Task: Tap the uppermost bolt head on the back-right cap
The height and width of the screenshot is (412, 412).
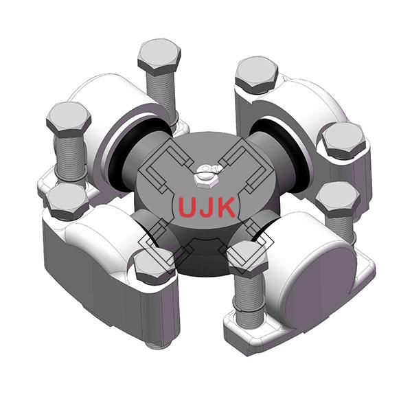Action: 257,74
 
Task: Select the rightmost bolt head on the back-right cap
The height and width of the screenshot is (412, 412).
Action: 342,140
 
